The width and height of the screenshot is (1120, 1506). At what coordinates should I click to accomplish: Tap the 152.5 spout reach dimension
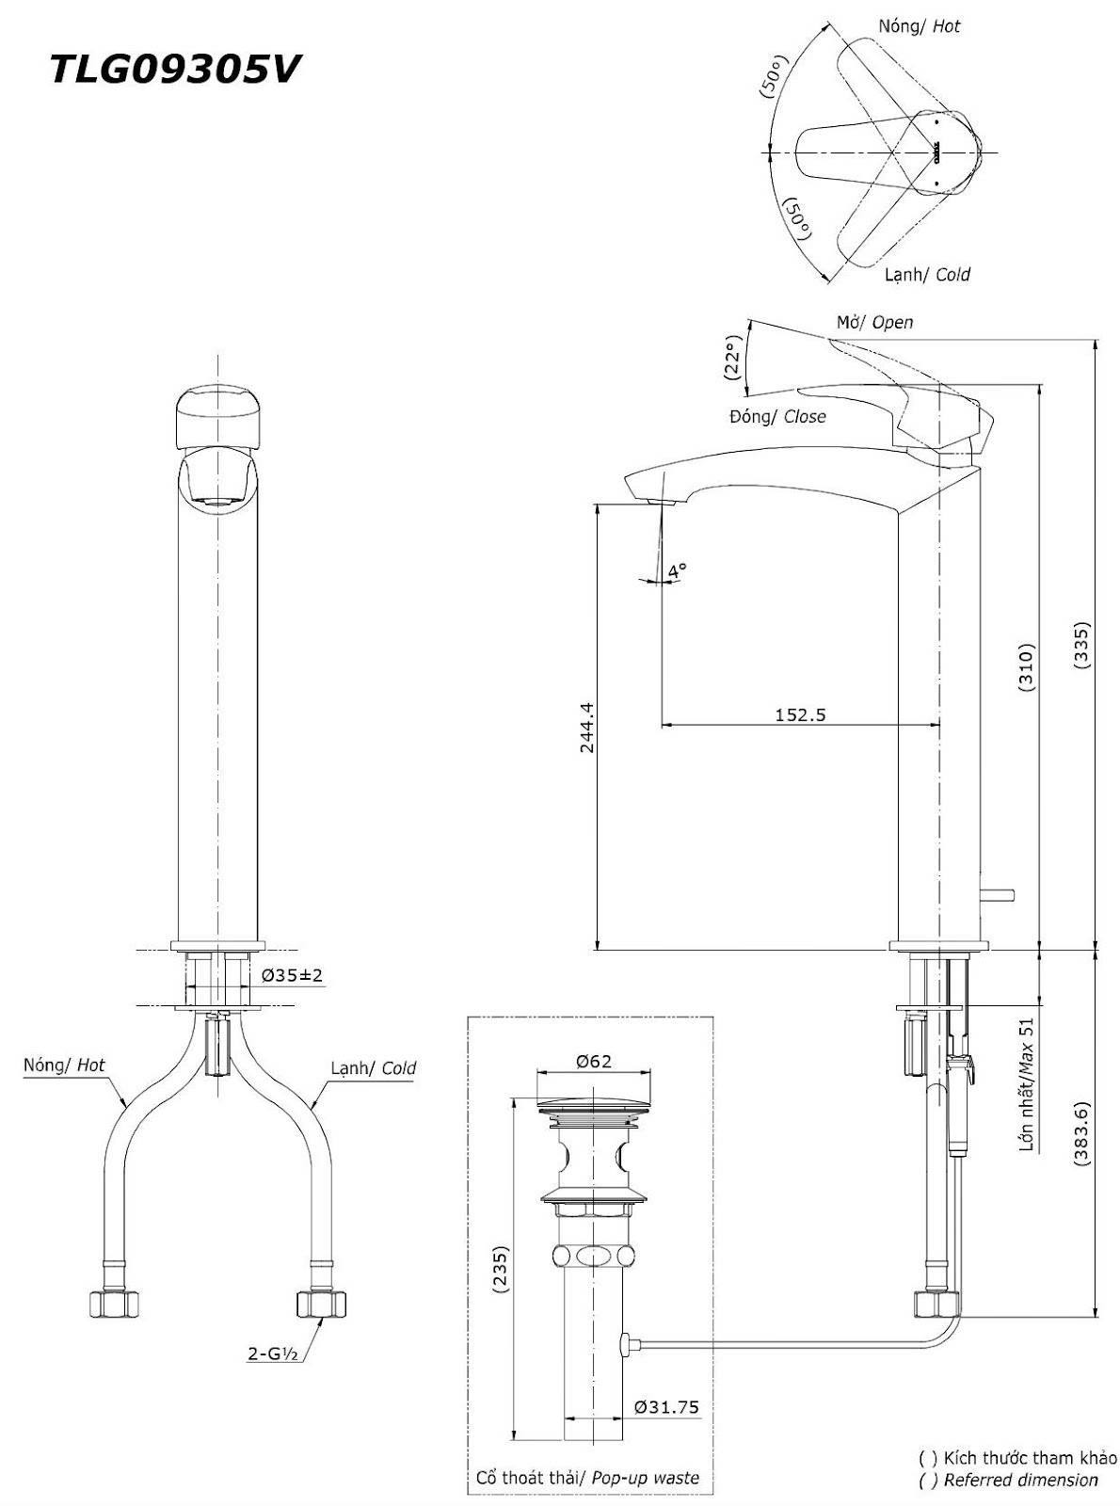tap(800, 714)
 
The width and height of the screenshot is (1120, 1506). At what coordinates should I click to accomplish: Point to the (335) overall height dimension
tap(1081, 646)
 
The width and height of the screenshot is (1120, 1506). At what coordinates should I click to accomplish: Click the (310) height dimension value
tap(1027, 668)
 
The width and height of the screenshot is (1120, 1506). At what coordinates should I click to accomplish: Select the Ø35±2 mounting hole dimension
tap(292, 975)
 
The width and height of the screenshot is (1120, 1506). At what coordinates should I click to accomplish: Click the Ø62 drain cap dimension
tap(593, 1061)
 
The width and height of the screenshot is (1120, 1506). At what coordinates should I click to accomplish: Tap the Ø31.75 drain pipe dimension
tap(666, 1407)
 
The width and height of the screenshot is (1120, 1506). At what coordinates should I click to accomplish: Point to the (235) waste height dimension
tap(500, 1273)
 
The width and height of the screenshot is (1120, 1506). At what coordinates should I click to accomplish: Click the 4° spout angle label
tap(677, 570)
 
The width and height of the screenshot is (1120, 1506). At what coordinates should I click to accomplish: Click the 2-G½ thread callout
tap(273, 1354)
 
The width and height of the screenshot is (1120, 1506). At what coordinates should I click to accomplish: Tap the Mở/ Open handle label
tap(874, 322)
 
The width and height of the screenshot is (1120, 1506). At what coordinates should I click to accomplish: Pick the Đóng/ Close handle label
tap(777, 416)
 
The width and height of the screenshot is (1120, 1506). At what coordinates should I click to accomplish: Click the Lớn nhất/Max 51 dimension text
tap(1027, 1084)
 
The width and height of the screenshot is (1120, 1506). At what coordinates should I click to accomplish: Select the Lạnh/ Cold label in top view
tap(927, 274)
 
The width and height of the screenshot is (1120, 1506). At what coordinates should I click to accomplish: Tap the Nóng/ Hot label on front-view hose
tap(64, 1065)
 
